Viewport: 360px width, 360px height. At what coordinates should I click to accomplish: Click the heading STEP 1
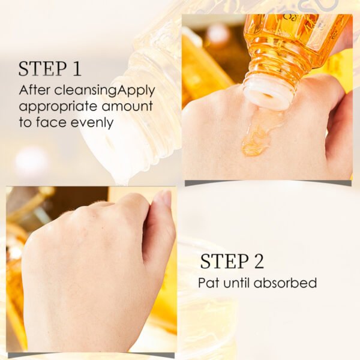(x=50, y=68)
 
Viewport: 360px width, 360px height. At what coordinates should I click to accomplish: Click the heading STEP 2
(x=232, y=261)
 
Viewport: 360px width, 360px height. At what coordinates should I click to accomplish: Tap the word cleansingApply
(x=104, y=91)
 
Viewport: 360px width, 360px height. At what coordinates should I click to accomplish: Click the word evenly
(x=92, y=123)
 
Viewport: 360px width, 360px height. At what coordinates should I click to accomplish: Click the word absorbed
(x=285, y=283)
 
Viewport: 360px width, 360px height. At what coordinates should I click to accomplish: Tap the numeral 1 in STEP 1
(x=76, y=68)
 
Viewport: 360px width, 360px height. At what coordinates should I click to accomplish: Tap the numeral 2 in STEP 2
(x=259, y=261)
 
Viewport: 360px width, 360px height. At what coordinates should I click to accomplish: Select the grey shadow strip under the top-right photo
(x=268, y=183)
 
